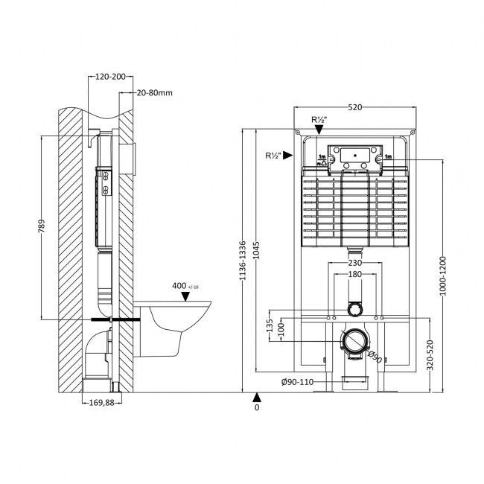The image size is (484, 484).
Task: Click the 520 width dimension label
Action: pos(354,107)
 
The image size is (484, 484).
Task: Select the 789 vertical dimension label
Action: pos(42,226)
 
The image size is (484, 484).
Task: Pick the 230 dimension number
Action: pos(354,262)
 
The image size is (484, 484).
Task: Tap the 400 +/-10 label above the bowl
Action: pos(183,286)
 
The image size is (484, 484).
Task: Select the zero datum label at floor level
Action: pos(257,407)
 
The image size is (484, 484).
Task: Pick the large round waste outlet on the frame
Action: pos(355,342)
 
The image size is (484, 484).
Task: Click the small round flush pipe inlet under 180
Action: pos(355,308)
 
